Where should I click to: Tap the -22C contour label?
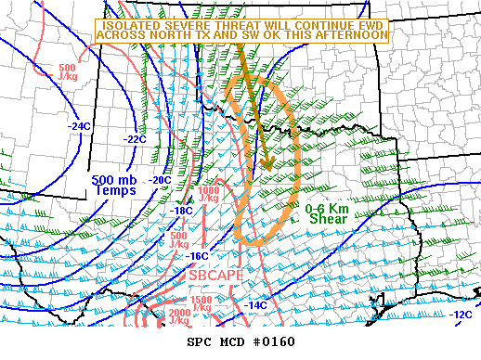click(x=135, y=139)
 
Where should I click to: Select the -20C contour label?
click(x=160, y=179)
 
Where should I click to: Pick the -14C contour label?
click(x=256, y=304)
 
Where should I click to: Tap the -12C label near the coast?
click(x=461, y=315)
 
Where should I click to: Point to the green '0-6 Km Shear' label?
click(x=332, y=214)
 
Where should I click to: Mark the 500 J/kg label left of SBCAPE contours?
click(x=178, y=240)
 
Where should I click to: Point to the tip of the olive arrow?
click(x=267, y=171)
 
